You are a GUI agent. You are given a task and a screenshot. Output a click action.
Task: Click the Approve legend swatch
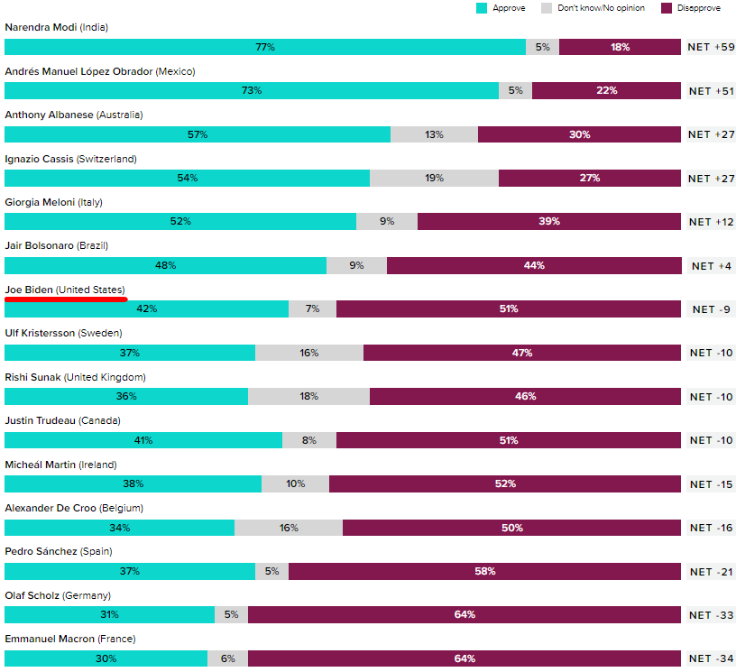[483, 8]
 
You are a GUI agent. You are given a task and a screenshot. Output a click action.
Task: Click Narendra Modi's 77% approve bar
[265, 47]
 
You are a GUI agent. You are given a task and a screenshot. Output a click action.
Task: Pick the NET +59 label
[712, 47]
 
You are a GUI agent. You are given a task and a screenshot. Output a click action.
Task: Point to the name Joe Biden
[29, 290]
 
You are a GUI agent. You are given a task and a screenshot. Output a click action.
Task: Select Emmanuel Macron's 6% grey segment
[227, 658]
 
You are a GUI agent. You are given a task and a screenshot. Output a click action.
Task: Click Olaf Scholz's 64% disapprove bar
[465, 615]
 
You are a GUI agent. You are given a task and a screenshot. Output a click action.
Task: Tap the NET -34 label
[712, 658]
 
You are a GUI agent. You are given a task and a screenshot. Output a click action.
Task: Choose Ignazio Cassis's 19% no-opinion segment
[434, 178]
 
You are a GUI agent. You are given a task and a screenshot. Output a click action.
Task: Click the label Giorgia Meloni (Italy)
[53, 202]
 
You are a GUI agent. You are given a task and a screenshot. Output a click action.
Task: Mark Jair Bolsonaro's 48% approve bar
[165, 265]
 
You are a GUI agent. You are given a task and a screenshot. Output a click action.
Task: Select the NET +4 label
[712, 265]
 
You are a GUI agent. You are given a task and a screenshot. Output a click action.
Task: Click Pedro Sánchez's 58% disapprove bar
[484, 571]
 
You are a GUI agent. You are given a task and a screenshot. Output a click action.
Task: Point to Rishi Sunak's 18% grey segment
[308, 396]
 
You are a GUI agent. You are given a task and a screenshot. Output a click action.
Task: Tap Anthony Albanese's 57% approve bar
[198, 134]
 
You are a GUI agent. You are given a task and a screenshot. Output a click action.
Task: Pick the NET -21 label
[712, 571]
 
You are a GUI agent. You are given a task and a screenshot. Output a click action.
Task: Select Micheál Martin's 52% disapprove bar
[505, 483]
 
